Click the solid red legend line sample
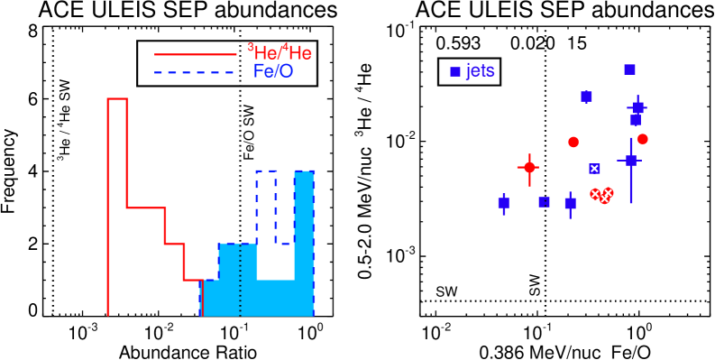pos(195,54)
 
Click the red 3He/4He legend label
pos(280,53)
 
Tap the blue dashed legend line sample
pos(195,71)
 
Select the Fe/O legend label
pos(273,71)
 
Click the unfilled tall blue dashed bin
pos(266,207)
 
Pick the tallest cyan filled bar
pos(304,243)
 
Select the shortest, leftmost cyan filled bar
pos(209,298)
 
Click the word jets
pos(480,71)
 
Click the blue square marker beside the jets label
pos(455,71)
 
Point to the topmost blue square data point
pos(629,69)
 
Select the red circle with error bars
pos(529,167)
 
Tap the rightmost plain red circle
pos(642,139)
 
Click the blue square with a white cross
pos(594,169)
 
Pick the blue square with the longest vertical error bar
pos(630,161)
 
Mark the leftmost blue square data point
pos(503,203)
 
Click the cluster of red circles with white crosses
pos(601,195)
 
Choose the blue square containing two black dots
pos(544,202)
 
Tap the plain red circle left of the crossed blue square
pos(573,142)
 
